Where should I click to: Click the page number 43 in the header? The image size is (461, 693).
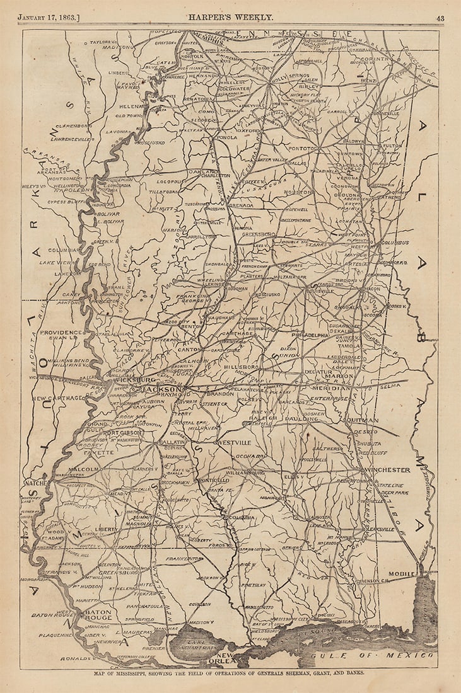440,18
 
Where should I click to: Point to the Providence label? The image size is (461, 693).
61,332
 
